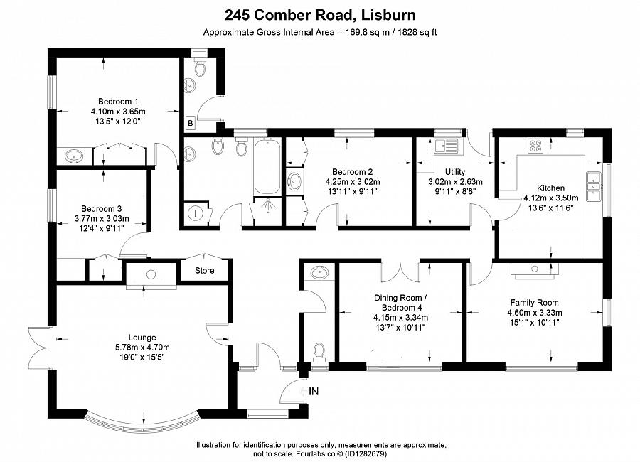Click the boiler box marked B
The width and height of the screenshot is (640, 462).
coord(190,122)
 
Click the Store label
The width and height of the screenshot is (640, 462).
coord(205,270)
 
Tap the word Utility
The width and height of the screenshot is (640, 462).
coord(454,172)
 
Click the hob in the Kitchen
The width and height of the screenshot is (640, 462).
coord(535,146)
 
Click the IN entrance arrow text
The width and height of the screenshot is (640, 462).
coord(314,390)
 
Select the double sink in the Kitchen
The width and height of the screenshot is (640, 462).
coord(594,186)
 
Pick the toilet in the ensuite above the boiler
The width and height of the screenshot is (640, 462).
coord(200,67)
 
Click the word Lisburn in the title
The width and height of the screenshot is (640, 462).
coord(390,14)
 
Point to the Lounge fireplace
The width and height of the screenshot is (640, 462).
coord(151,275)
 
